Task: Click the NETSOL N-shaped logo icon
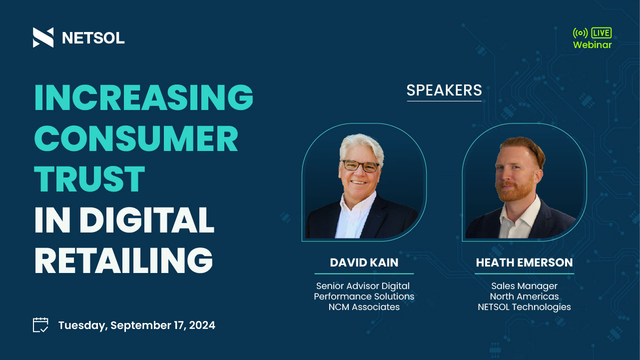click(43, 37)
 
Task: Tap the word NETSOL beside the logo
click(93, 37)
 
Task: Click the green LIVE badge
click(602, 33)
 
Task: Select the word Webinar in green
click(592, 45)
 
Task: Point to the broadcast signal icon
click(580, 33)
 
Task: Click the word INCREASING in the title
click(144, 97)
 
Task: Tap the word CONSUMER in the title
click(136, 138)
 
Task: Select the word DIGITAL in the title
click(147, 219)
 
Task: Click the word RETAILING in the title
click(124, 260)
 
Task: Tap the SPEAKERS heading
click(444, 90)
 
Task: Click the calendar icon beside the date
click(40, 325)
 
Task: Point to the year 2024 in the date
click(202, 325)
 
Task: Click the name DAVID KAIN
click(364, 262)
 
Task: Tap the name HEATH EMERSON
click(524, 262)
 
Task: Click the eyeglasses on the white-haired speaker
click(361, 166)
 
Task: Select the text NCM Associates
click(364, 307)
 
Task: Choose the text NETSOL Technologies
click(524, 307)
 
